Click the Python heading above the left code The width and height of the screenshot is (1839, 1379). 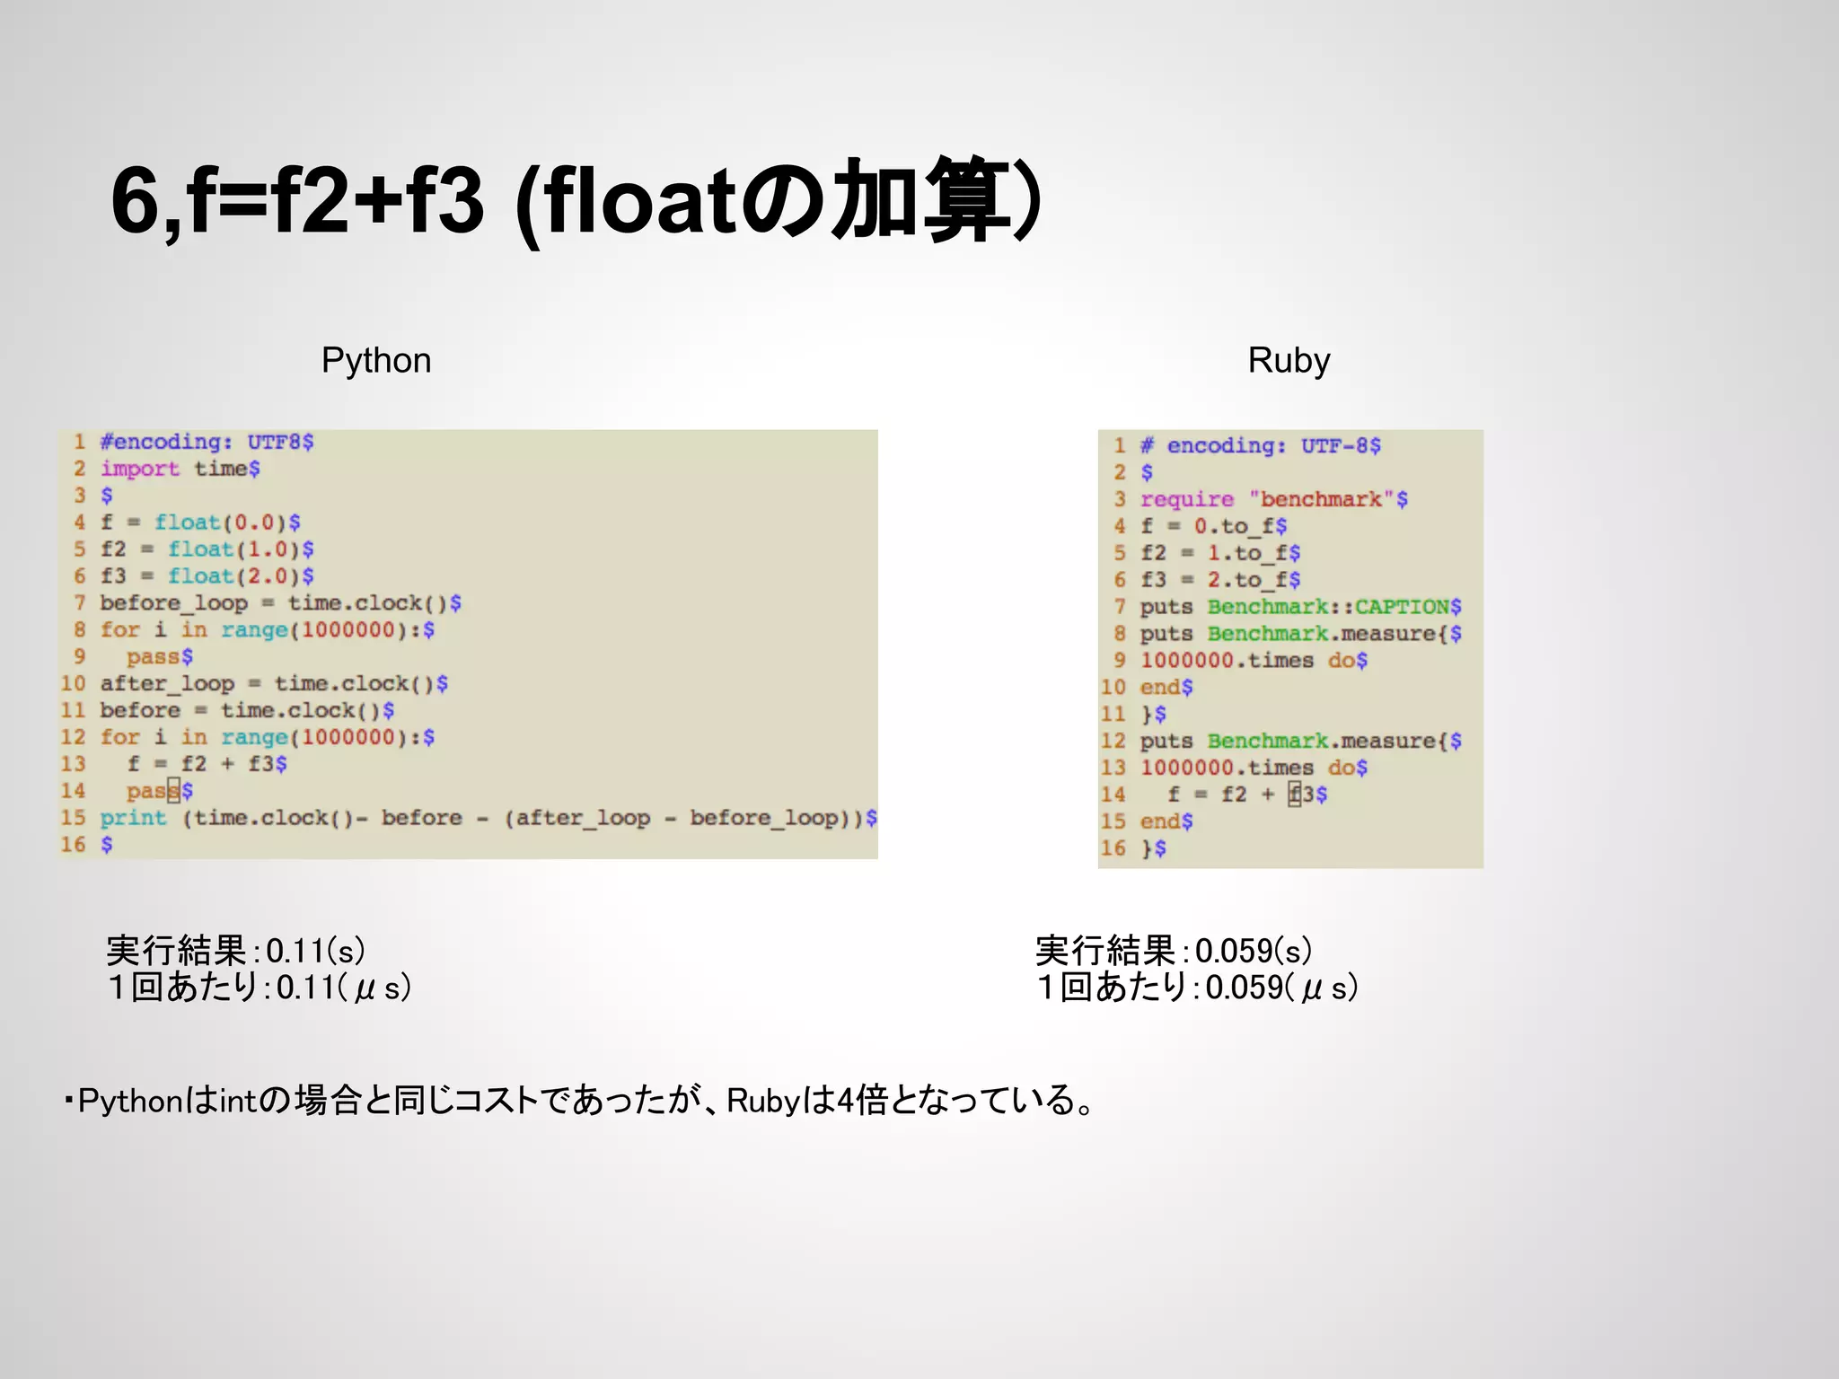[376, 361]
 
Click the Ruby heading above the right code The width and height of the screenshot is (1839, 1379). [1289, 361]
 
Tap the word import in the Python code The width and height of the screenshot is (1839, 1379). [140, 469]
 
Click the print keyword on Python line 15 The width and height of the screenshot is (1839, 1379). [133, 818]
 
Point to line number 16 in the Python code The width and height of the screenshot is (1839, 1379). [73, 845]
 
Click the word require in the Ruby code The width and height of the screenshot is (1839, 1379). [1187, 499]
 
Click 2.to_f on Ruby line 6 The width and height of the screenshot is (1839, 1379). [1247, 580]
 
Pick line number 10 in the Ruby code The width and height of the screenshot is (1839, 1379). [1113, 688]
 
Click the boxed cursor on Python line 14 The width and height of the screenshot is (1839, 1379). [174, 791]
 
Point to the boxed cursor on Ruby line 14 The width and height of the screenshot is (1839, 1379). [1294, 795]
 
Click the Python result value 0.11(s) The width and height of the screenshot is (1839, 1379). [315, 951]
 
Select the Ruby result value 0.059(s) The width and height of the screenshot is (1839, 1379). [1253, 951]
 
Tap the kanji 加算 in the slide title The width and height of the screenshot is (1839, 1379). [916, 199]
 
